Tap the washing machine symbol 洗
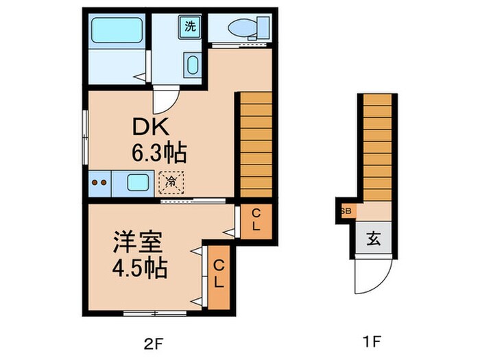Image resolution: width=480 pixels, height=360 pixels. (189, 28)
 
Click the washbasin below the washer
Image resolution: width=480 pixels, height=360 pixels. (191, 67)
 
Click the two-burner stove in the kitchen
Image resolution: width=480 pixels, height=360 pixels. (100, 183)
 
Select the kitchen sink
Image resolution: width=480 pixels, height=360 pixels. (139, 183)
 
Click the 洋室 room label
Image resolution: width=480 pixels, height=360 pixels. (136, 243)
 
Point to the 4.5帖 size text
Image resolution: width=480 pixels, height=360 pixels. (141, 267)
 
